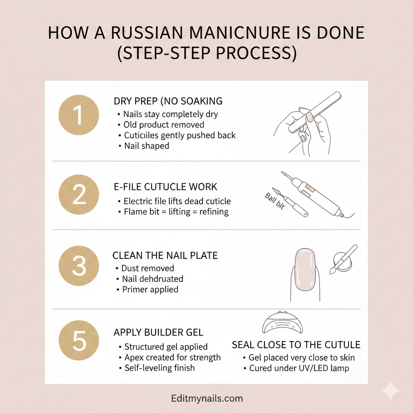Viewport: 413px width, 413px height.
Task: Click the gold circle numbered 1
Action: [x=79, y=115]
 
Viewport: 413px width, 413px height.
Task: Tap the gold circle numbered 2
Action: [x=79, y=195]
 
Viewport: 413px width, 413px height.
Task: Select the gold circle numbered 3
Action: [x=79, y=266]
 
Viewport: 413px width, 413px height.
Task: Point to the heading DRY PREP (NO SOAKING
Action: [x=168, y=101]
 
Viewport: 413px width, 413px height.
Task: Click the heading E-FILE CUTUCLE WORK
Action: [x=166, y=187]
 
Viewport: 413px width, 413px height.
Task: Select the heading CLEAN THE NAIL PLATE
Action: [x=165, y=255]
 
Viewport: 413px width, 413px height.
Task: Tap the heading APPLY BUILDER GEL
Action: [x=159, y=332]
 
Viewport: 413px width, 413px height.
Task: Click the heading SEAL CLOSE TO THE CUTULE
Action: [x=296, y=345]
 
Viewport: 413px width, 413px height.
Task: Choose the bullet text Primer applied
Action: [x=150, y=289]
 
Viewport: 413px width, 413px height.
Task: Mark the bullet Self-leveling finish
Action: [x=159, y=368]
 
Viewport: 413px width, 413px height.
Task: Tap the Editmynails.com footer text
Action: [x=206, y=399]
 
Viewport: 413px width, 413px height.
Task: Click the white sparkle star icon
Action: [x=390, y=390]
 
